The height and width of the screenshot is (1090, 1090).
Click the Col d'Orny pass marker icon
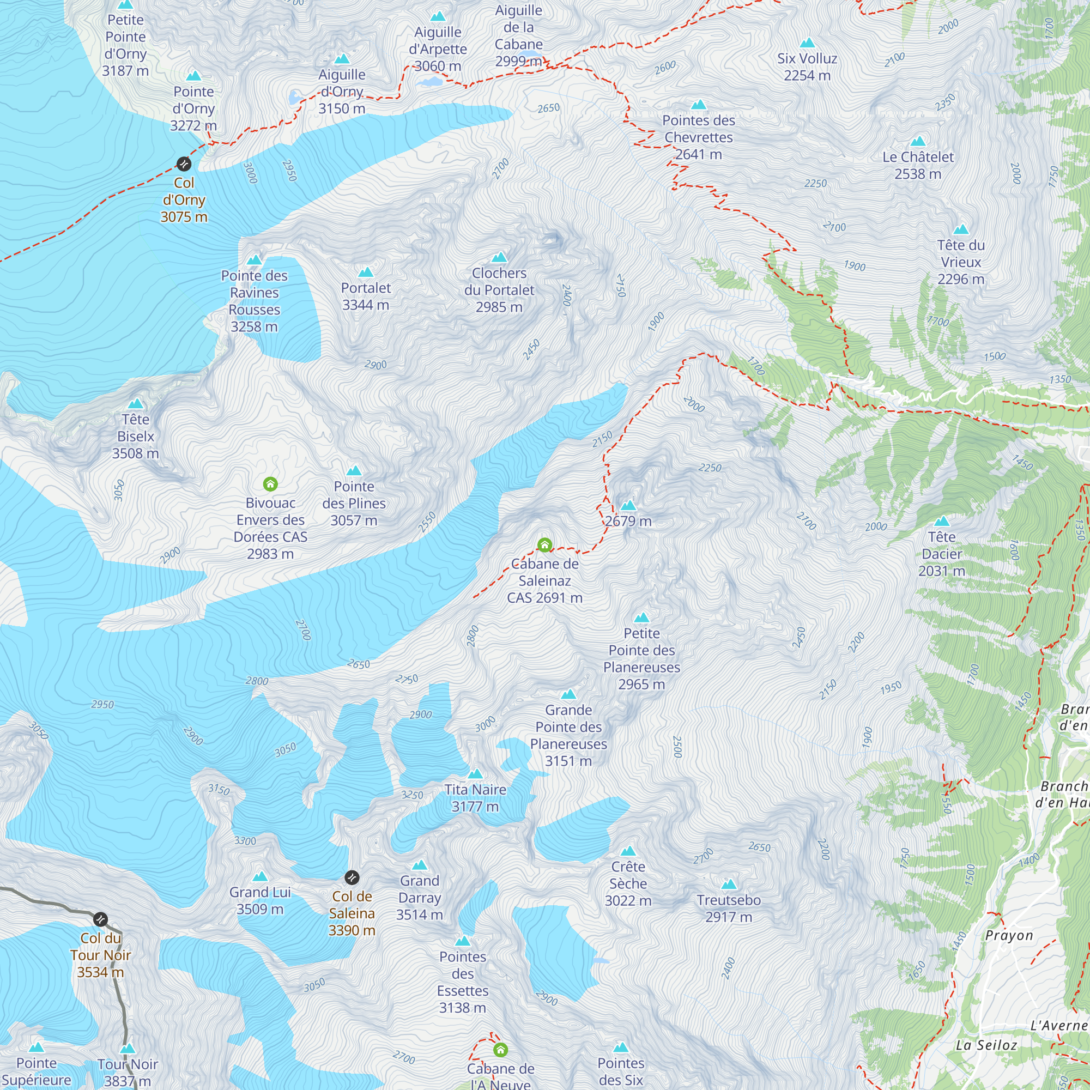[184, 164]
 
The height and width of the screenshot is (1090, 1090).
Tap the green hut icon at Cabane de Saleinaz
[544, 545]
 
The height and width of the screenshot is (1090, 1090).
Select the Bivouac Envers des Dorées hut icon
[270, 484]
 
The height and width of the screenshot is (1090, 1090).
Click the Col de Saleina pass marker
[352, 877]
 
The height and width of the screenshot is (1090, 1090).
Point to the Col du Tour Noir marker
[100, 919]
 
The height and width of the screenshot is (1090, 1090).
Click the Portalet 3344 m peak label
[366, 296]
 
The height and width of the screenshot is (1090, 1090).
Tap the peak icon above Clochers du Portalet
[499, 258]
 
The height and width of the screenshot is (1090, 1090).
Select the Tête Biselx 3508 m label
[135, 436]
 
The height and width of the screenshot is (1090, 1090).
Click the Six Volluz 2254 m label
[807, 66]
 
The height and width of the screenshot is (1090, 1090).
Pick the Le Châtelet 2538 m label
[918, 165]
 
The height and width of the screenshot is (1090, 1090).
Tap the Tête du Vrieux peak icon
[961, 229]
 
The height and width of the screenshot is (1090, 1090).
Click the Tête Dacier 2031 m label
[942, 554]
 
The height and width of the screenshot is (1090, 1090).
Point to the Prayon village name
[1009, 935]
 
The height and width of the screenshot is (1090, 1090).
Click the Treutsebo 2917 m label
[728, 909]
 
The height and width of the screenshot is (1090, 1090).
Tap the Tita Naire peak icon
[475, 774]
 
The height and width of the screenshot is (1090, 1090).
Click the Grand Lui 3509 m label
[259, 900]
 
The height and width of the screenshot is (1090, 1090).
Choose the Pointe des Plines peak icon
[354, 471]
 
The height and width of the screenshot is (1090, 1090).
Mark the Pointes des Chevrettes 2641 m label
[699, 137]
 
